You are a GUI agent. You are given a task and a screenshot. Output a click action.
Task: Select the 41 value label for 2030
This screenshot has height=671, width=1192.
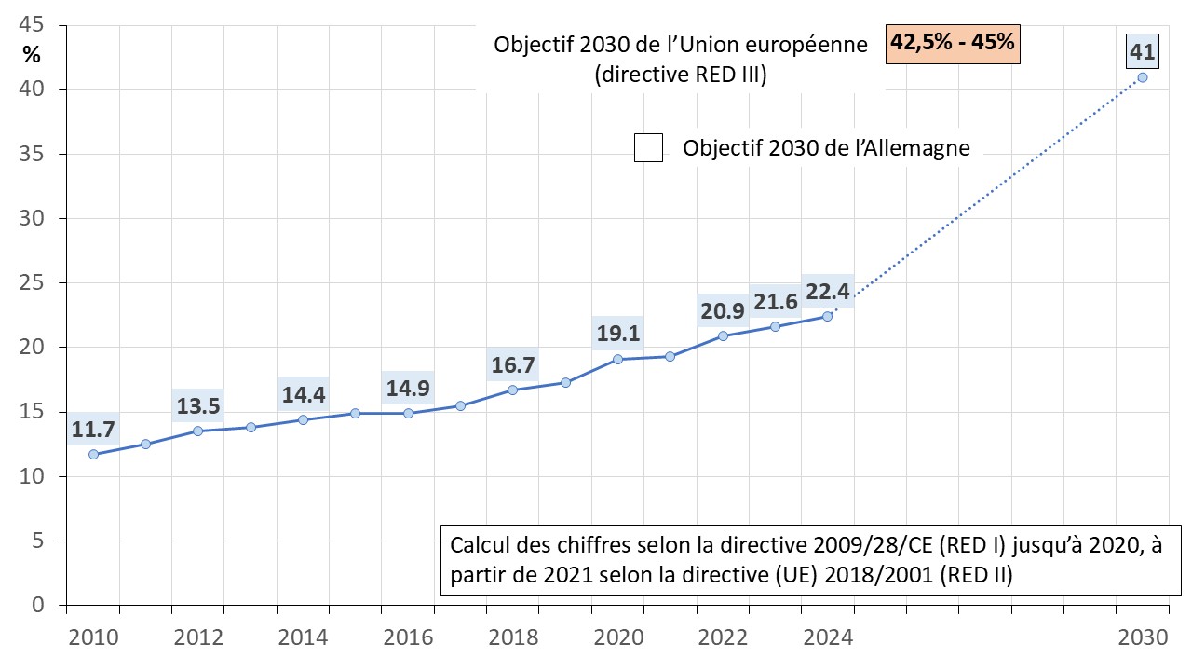(x=1142, y=52)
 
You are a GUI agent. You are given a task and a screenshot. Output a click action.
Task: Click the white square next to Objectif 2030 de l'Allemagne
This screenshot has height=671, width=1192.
(x=648, y=148)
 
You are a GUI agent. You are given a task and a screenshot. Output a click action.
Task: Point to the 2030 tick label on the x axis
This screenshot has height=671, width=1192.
(x=1142, y=637)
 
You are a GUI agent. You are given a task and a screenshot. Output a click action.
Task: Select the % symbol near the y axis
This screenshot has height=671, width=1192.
(x=33, y=54)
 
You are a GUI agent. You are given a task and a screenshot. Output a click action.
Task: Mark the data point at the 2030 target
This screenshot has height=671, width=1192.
(x=1143, y=77)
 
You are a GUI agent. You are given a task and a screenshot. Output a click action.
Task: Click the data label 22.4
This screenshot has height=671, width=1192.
(x=827, y=292)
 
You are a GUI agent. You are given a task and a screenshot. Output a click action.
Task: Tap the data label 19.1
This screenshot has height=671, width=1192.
(x=617, y=334)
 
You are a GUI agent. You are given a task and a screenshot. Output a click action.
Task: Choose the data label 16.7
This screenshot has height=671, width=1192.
(x=512, y=365)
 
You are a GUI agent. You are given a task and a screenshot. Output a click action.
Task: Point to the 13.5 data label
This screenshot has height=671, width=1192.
(x=198, y=405)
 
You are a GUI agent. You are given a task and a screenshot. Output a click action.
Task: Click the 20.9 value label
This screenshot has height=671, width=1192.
(x=723, y=310)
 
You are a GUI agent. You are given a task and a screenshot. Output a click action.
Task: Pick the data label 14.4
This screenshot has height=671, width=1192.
(x=304, y=395)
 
